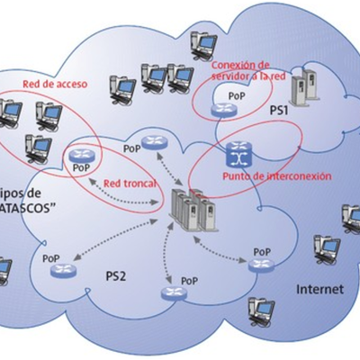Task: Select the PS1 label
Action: tap(280, 111)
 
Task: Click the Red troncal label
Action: tap(130, 183)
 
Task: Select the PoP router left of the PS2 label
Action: tap(63, 270)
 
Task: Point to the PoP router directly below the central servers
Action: tap(168, 292)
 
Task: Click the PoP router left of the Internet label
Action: tap(260, 264)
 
